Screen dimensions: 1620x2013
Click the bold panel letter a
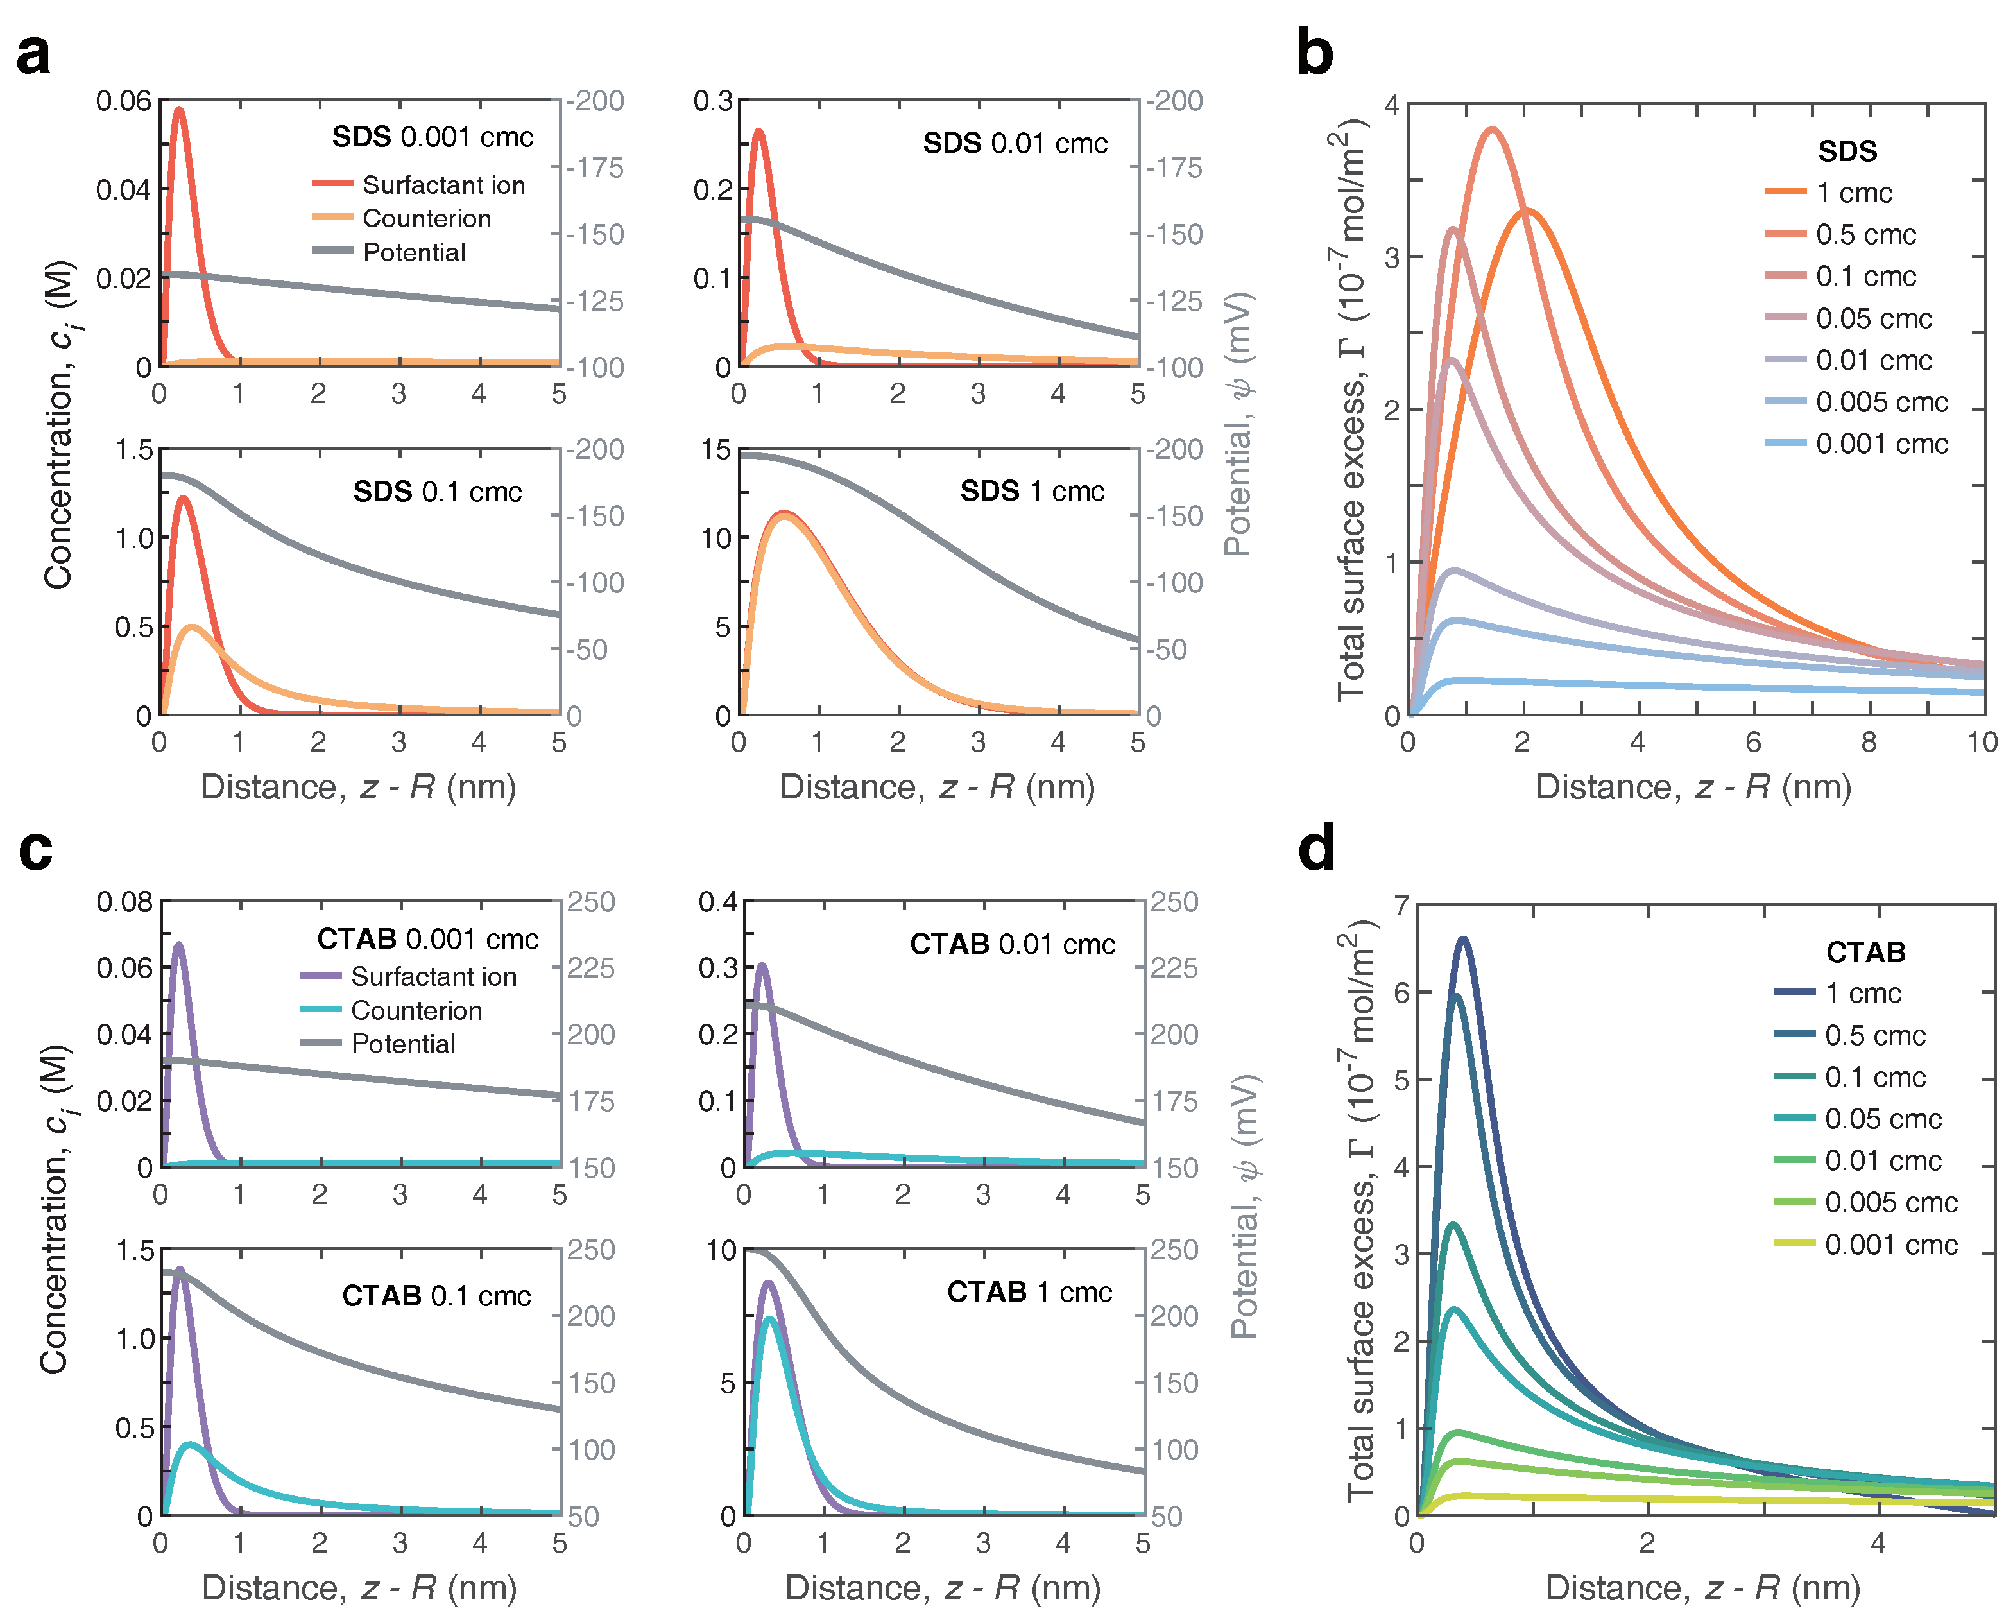click(33, 54)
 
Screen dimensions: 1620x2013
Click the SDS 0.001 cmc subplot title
click(433, 137)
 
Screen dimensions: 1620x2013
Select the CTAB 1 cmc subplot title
click(1029, 1292)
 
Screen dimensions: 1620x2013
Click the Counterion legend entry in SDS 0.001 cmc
click(425, 218)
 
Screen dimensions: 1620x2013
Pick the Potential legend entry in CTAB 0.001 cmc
click(402, 1044)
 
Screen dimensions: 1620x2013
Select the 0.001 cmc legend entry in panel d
click(1890, 1245)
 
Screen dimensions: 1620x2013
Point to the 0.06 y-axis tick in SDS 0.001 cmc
click(123, 101)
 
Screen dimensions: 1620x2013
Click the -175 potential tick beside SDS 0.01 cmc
click(1174, 168)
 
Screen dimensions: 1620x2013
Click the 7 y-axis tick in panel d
click(1401, 906)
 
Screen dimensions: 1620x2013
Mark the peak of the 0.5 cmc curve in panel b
click(1492, 130)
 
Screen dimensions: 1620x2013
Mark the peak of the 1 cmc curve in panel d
click(1463, 939)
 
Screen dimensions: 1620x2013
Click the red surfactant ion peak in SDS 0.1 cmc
click(183, 499)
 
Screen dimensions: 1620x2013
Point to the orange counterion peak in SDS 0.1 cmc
click(193, 626)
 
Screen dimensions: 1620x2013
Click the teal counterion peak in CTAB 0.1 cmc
click(191, 1445)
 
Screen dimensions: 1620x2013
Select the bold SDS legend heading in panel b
click(1847, 151)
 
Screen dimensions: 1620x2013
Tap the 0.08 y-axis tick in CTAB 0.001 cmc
click(124, 902)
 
